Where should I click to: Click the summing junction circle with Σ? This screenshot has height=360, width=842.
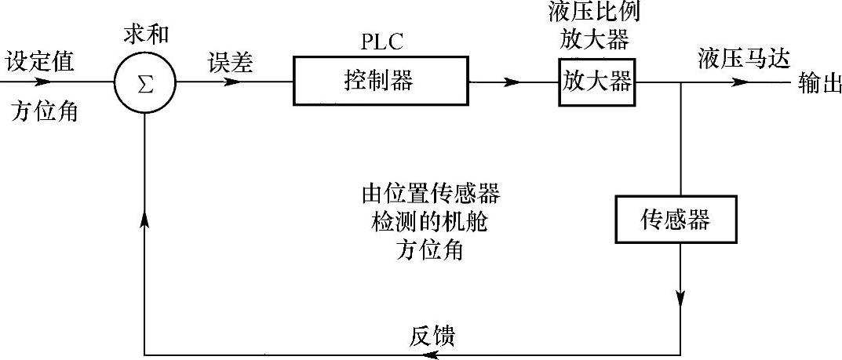coord(145,82)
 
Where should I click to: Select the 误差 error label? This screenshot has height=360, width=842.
coord(231,63)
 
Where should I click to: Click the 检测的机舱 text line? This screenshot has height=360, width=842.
coord(429,222)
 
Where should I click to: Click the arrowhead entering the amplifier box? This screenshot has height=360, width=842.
coord(513,82)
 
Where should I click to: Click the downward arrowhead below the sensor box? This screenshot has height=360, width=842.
coord(680,299)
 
